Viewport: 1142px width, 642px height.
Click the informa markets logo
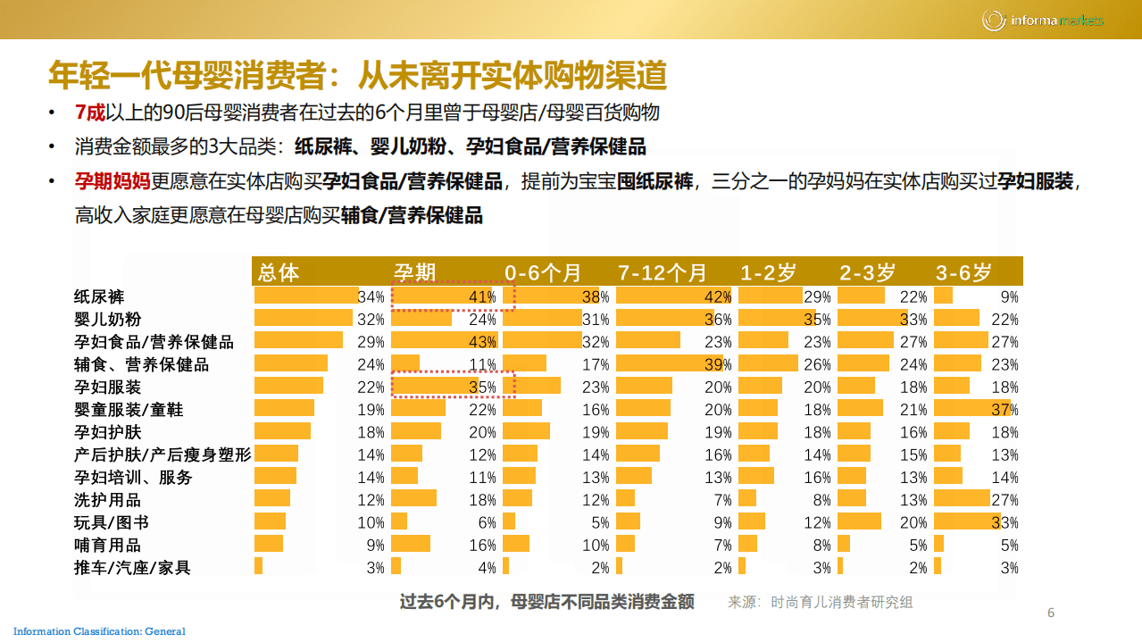(1042, 20)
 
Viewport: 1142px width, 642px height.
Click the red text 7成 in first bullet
(90, 113)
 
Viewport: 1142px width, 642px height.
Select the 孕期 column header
(415, 272)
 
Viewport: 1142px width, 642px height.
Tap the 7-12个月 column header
(662, 272)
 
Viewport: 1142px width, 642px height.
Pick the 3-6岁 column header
(963, 272)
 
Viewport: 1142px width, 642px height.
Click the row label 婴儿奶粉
(107, 319)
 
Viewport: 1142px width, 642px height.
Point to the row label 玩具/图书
(111, 522)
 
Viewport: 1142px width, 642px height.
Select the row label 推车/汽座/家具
(131, 567)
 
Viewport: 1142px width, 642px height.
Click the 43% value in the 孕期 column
(483, 341)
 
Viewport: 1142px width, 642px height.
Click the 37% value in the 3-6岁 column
(1004, 409)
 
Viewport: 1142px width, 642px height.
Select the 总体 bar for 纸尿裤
(305, 296)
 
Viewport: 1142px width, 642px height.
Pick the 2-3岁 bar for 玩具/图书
(859, 521)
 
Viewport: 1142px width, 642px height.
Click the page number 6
(1051, 613)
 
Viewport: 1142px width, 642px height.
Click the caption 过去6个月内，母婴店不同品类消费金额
(546, 602)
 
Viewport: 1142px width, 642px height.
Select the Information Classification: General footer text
(99, 632)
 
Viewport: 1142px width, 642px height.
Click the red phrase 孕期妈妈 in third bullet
(113, 182)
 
